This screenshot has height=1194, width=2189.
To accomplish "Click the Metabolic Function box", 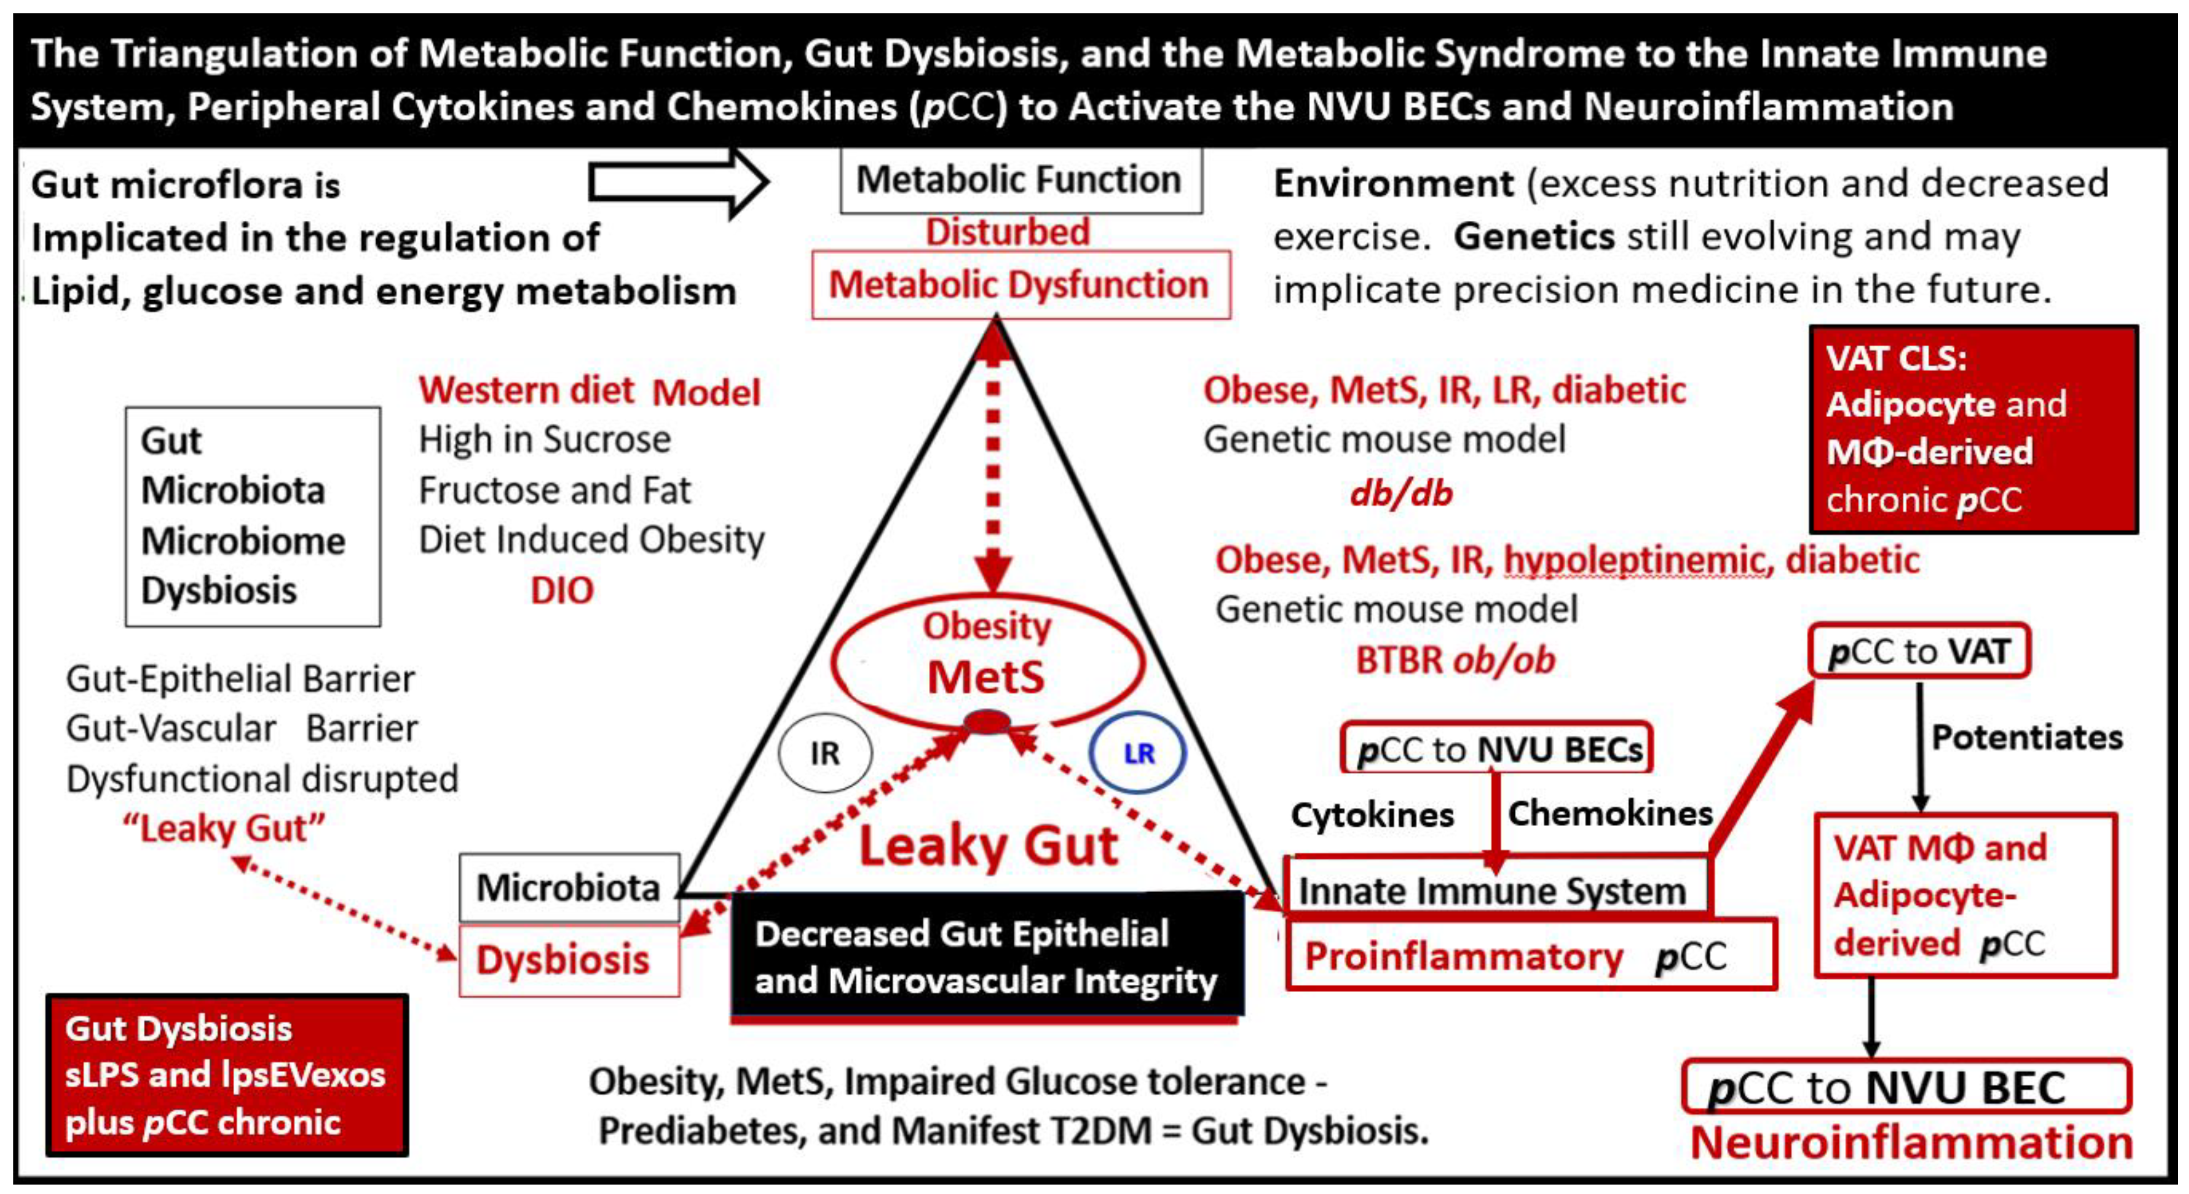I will point(1020,180).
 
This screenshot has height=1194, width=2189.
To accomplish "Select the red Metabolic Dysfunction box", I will point(1020,285).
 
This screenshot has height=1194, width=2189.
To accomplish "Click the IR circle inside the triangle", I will point(825,753).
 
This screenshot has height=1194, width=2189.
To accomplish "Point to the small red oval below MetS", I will point(985,722).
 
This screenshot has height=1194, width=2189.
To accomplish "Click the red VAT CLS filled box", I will point(1973,429).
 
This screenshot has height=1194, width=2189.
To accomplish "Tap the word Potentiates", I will point(2026,737).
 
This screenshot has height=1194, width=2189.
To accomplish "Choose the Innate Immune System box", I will point(1495,891).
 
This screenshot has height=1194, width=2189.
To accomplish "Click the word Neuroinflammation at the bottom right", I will point(1912,1143).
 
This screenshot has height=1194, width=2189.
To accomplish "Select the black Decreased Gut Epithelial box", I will point(985,956).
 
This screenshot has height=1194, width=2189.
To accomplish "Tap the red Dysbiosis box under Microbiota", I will point(568,960).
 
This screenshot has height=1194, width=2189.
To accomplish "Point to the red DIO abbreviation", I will point(562,590).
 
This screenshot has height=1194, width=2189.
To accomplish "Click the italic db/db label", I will point(1401,493).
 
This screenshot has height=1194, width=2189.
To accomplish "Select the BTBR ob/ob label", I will point(1455,660).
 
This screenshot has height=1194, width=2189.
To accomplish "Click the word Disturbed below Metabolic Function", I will point(1007,232).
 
